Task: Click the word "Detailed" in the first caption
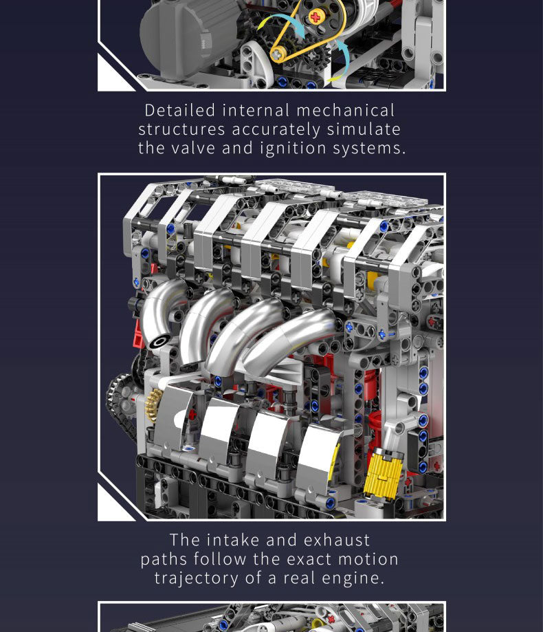(179, 110)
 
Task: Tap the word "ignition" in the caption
(293, 148)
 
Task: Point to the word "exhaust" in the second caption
(337, 540)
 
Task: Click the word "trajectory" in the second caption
(196, 578)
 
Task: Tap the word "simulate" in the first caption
(364, 129)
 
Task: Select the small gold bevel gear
(153, 405)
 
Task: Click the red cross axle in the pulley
(315, 17)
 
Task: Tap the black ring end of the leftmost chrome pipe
(159, 342)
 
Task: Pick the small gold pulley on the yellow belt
(277, 54)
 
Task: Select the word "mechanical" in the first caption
(346, 110)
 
